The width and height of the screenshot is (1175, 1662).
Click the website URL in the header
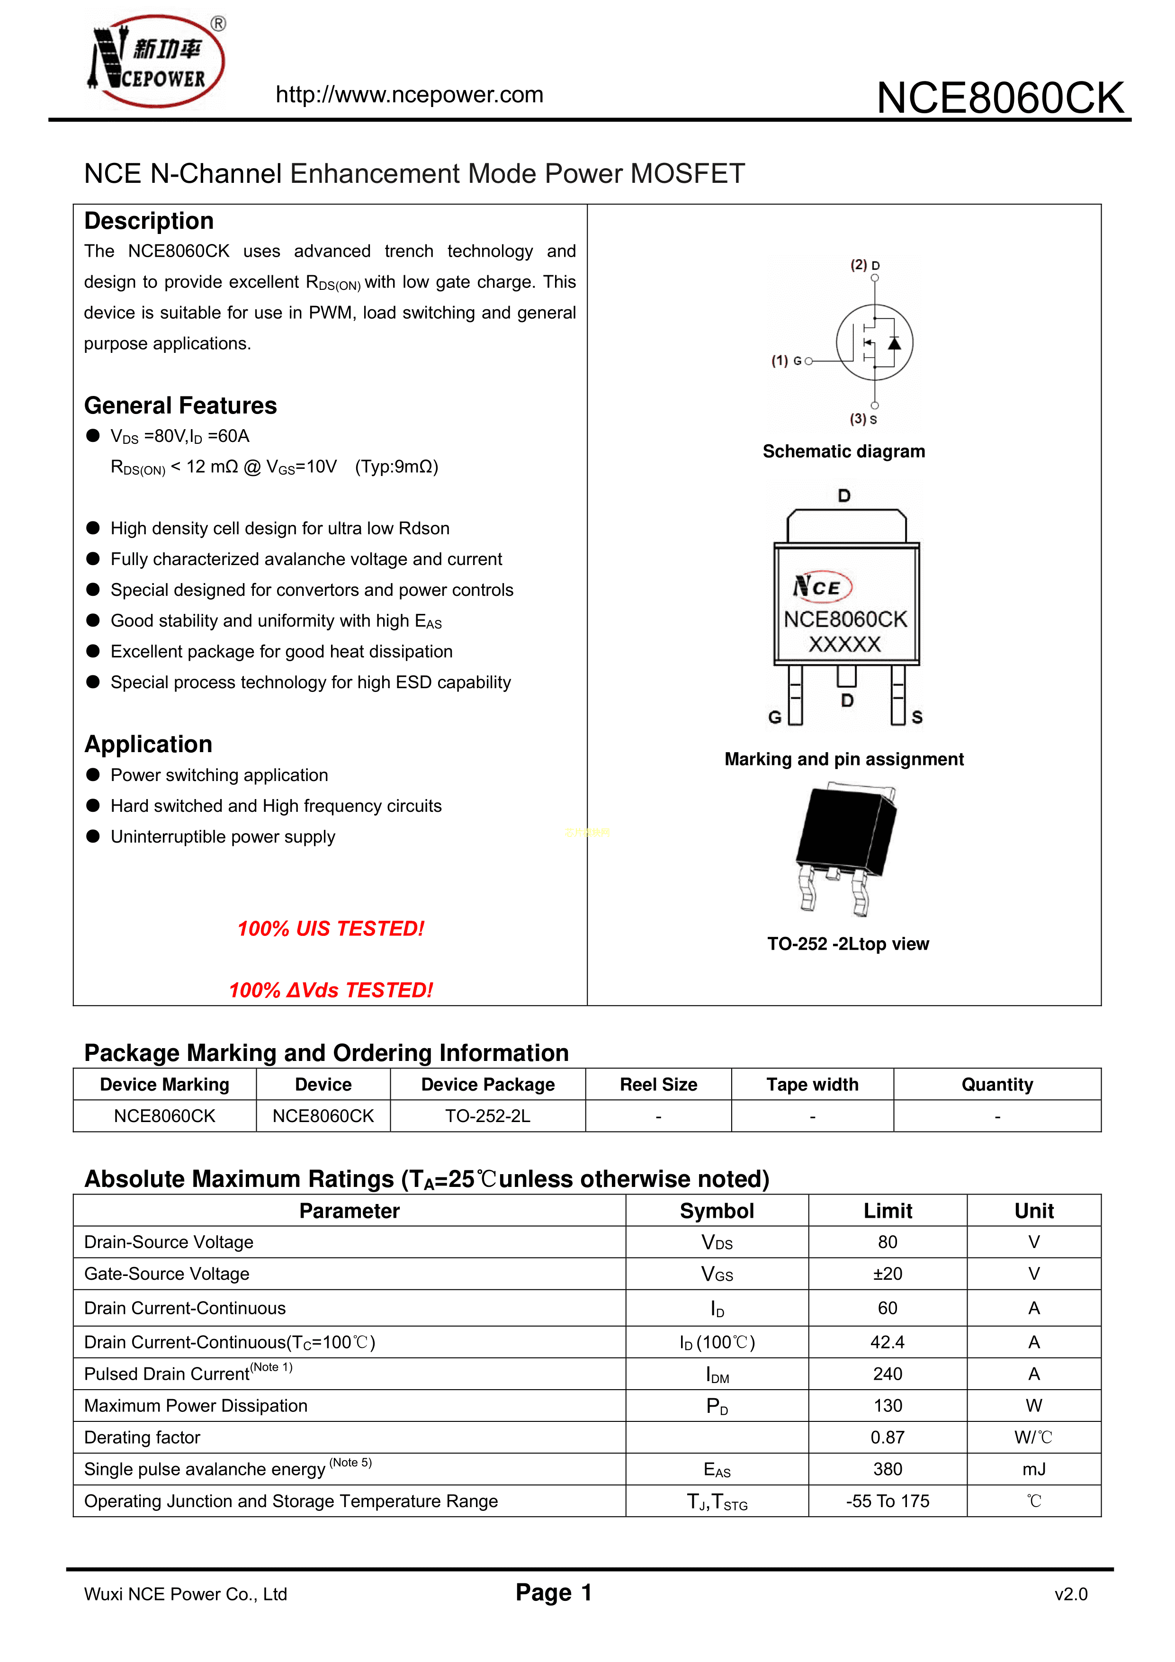pyautogui.click(x=409, y=95)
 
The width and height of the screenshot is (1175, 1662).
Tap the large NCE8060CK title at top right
pyautogui.click(x=1000, y=98)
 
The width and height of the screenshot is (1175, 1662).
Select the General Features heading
pyautogui.click(x=180, y=405)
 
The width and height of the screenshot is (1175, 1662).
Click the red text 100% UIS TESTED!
pyautogui.click(x=331, y=929)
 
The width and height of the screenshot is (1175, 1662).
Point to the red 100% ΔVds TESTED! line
pyautogui.click(x=331, y=990)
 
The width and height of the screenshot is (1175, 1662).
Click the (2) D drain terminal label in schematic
pyautogui.click(x=864, y=265)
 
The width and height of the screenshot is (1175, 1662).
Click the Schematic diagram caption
pyautogui.click(x=843, y=452)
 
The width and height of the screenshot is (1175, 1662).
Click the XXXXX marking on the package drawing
pyautogui.click(x=844, y=644)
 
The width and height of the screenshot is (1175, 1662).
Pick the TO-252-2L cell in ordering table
pyautogui.click(x=487, y=1116)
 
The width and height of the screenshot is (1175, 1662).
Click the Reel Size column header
pyautogui.click(x=658, y=1084)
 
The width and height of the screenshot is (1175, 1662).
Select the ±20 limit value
pyautogui.click(x=887, y=1274)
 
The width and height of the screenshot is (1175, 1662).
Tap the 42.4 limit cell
pyautogui.click(x=887, y=1343)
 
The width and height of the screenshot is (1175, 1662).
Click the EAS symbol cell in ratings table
pyautogui.click(x=717, y=1469)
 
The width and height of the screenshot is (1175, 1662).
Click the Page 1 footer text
pyautogui.click(x=554, y=1592)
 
